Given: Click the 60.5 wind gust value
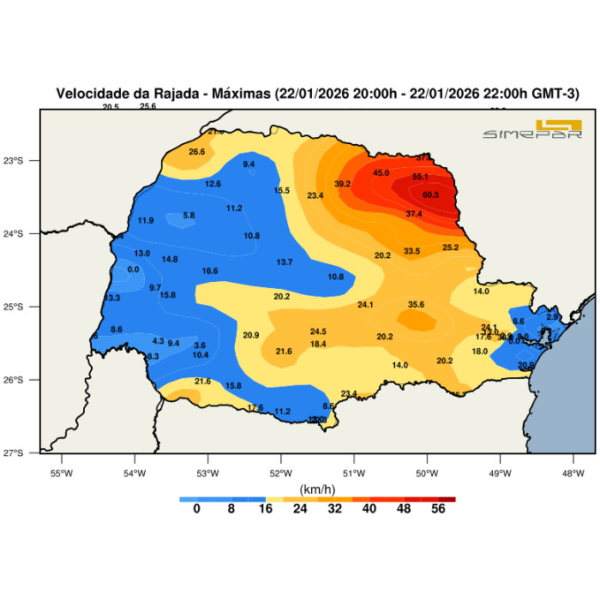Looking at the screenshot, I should tap(430, 195).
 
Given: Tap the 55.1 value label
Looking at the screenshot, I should tap(420, 177).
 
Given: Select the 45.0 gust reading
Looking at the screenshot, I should tap(381, 173).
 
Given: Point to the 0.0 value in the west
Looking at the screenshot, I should tap(133, 269).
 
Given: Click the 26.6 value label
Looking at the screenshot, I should tap(197, 152).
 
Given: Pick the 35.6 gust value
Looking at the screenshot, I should tap(417, 304).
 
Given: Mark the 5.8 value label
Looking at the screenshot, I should tap(189, 215).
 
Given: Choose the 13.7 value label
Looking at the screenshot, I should tap(285, 262).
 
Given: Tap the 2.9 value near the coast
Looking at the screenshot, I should tap(552, 317).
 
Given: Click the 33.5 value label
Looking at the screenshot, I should tap(412, 251).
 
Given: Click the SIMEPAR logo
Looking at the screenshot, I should tap(532, 129).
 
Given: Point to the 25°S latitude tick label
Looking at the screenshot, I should tap(26, 307).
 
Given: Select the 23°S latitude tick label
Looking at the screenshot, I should tap(26, 161).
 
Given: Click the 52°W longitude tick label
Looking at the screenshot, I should tap(281, 472).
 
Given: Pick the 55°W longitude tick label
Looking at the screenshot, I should tap(62, 472).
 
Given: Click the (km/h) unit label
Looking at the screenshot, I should tap(317, 489).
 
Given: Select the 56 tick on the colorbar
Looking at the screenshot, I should tap(439, 508).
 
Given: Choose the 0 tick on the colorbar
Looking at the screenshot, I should tap(196, 508).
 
